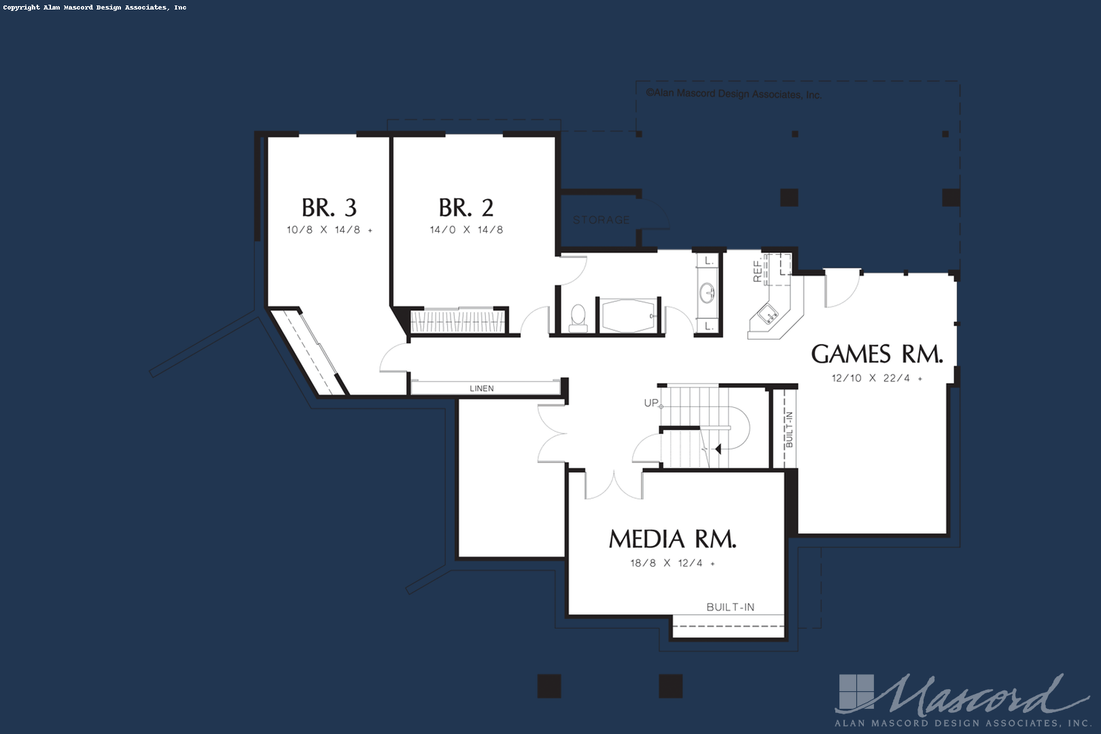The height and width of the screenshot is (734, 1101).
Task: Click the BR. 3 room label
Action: tap(329, 207)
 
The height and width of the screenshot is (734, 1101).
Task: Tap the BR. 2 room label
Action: tap(466, 207)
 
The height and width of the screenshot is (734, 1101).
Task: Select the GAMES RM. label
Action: tap(877, 354)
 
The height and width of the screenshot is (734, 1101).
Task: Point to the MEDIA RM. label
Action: tap(672, 539)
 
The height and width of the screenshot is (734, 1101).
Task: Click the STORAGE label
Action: tap(601, 220)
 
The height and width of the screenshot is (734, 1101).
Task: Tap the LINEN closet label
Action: tap(482, 389)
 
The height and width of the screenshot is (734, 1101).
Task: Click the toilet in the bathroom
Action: tap(578, 317)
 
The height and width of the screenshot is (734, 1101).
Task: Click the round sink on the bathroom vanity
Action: tap(707, 293)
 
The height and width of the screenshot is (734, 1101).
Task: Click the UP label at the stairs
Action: tap(651, 403)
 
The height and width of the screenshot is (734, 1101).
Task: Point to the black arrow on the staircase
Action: tap(718, 449)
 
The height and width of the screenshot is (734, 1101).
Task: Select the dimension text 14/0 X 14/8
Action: tap(466, 230)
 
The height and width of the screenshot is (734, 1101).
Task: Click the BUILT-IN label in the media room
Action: tap(730, 607)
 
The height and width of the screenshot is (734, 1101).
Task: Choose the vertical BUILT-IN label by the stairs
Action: tap(789, 429)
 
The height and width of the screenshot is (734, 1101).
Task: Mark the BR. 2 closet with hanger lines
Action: tap(459, 321)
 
